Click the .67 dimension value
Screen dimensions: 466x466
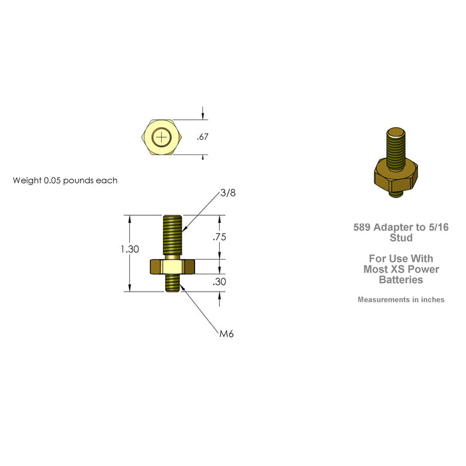[203, 137]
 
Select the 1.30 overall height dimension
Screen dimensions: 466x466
[130, 249]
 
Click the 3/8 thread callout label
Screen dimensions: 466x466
[228, 193]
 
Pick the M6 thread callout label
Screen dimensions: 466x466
[227, 334]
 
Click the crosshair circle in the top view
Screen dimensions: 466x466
[161, 138]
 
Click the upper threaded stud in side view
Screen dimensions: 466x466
[171, 233]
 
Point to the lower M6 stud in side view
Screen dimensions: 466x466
[171, 283]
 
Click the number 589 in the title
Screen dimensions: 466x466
[362, 227]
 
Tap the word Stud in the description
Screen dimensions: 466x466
[401, 238]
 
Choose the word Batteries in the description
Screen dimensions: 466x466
[401, 280]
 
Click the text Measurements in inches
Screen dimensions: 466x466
[401, 300]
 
